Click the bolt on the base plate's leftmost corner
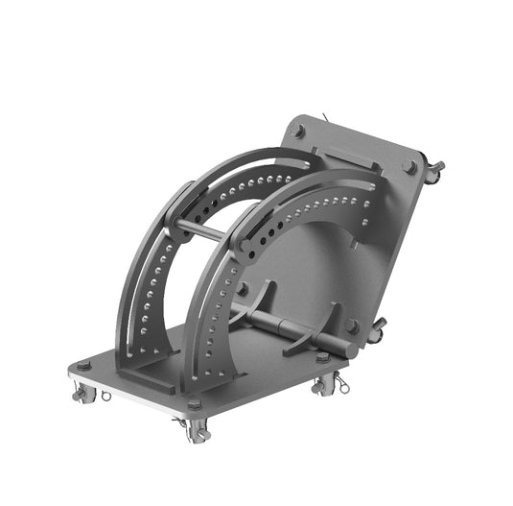pos(83,366)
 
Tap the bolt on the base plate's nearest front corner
pos(195,404)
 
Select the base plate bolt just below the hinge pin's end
pos(323,357)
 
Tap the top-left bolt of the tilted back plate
pos(298,132)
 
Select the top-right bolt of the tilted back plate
pos(409,166)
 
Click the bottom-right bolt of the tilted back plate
pos(353,326)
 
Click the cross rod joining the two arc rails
pos(206,230)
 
